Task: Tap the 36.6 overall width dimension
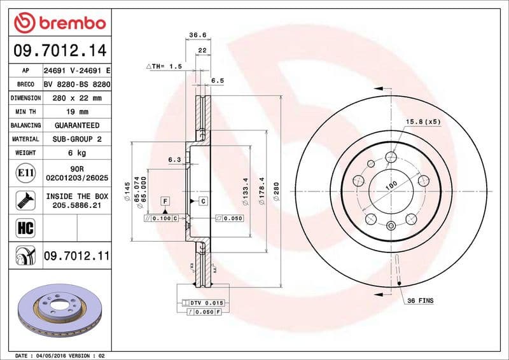tap(197, 36)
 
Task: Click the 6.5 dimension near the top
tap(218, 81)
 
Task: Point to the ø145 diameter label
tap(128, 189)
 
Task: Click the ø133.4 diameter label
tap(246, 190)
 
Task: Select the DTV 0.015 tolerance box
tap(202, 304)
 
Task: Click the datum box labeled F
tap(165, 201)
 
